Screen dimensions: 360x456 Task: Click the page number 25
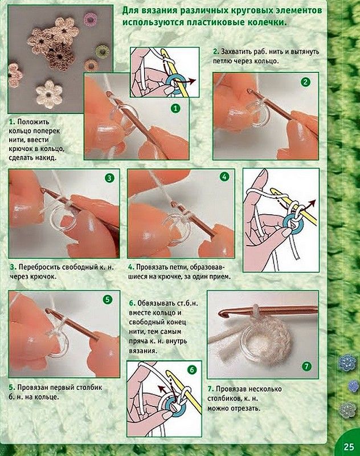pyautogui.click(x=349, y=447)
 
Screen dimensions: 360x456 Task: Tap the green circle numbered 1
pyautogui.click(x=175, y=109)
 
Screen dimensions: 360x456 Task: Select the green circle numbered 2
pyautogui.click(x=305, y=82)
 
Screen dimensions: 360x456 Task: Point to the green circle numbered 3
pyautogui.click(x=109, y=178)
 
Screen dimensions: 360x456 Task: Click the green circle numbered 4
pyautogui.click(x=224, y=177)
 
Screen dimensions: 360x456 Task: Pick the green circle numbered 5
pyautogui.click(x=108, y=300)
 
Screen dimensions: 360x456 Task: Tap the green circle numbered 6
pyautogui.click(x=192, y=370)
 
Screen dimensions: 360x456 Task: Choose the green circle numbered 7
pyautogui.click(x=306, y=366)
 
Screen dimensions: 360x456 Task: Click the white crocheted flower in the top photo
pyautogui.click(x=49, y=93)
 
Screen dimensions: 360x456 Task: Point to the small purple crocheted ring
pyautogui.click(x=90, y=19)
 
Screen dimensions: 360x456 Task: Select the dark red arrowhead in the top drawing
pyautogui.click(x=193, y=80)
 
